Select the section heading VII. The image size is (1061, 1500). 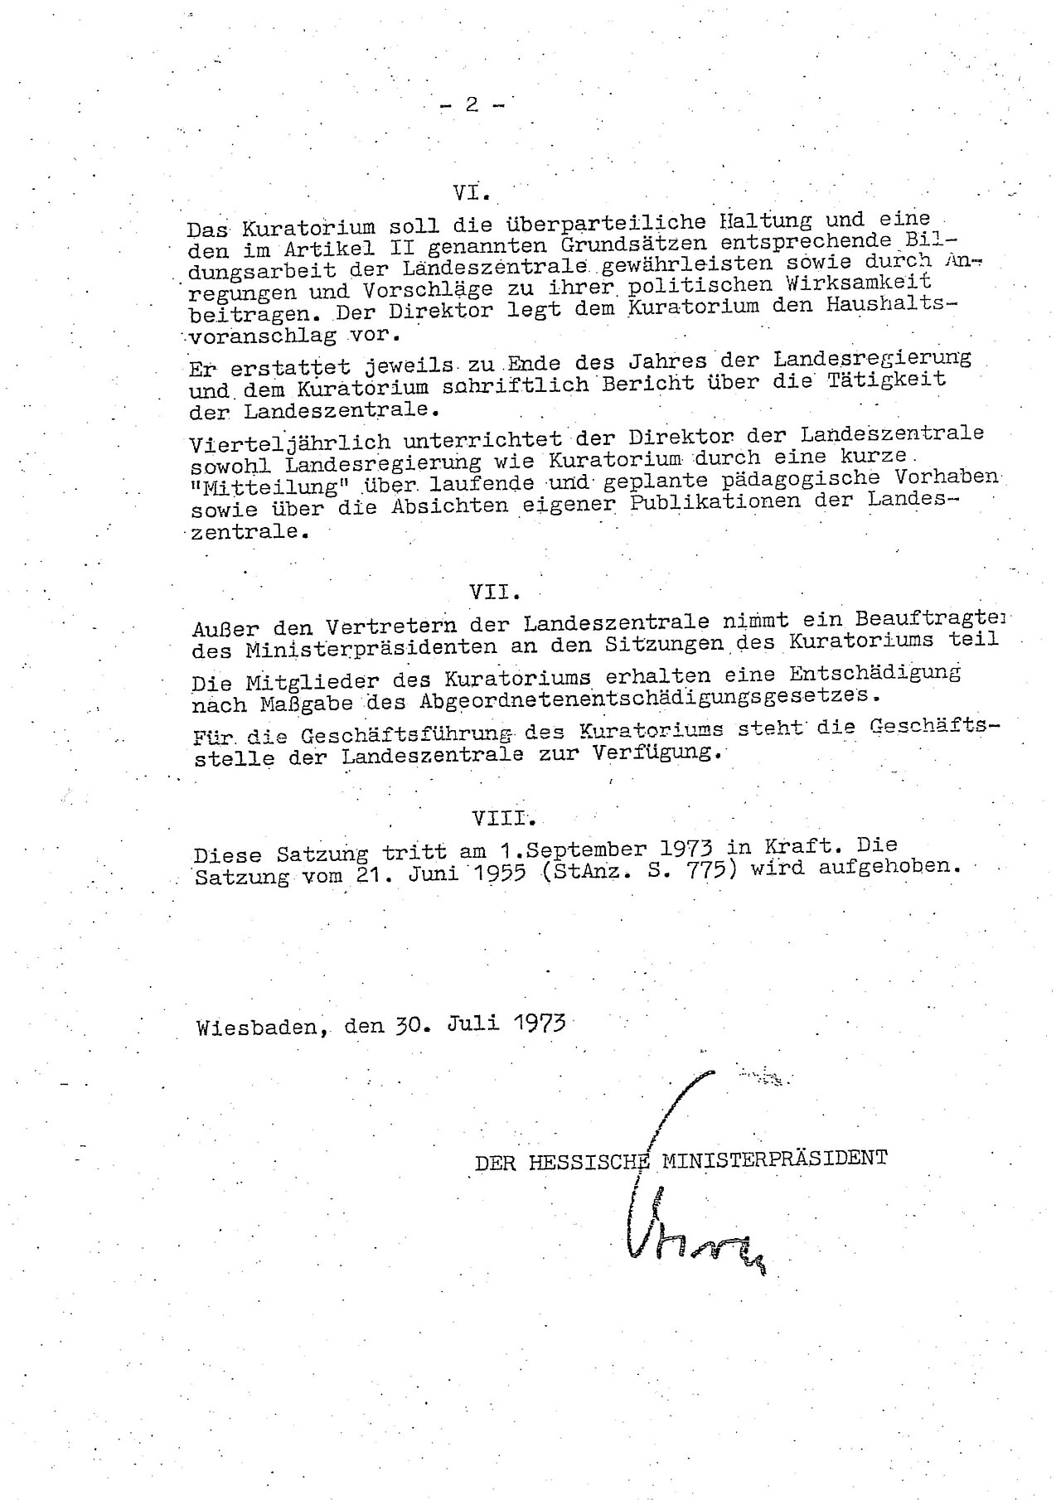pos(495,592)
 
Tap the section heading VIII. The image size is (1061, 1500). pos(503,818)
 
